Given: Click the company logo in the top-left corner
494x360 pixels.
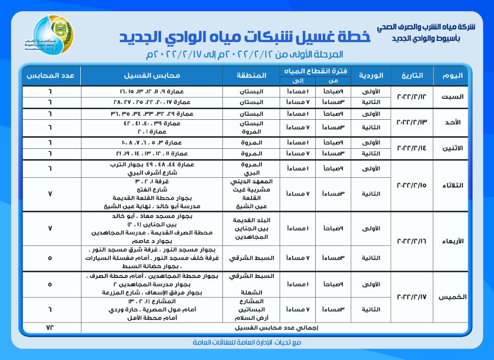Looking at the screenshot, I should (53, 36).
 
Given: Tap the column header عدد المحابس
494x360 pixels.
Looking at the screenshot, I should (50, 75).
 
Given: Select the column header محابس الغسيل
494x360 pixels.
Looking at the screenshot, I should (152, 75).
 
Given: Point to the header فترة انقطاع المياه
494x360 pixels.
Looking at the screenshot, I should (315, 71).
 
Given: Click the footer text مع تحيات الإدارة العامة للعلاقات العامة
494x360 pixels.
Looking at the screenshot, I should (247, 342).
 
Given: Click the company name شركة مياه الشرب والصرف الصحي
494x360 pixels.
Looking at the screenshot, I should (426, 28).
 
